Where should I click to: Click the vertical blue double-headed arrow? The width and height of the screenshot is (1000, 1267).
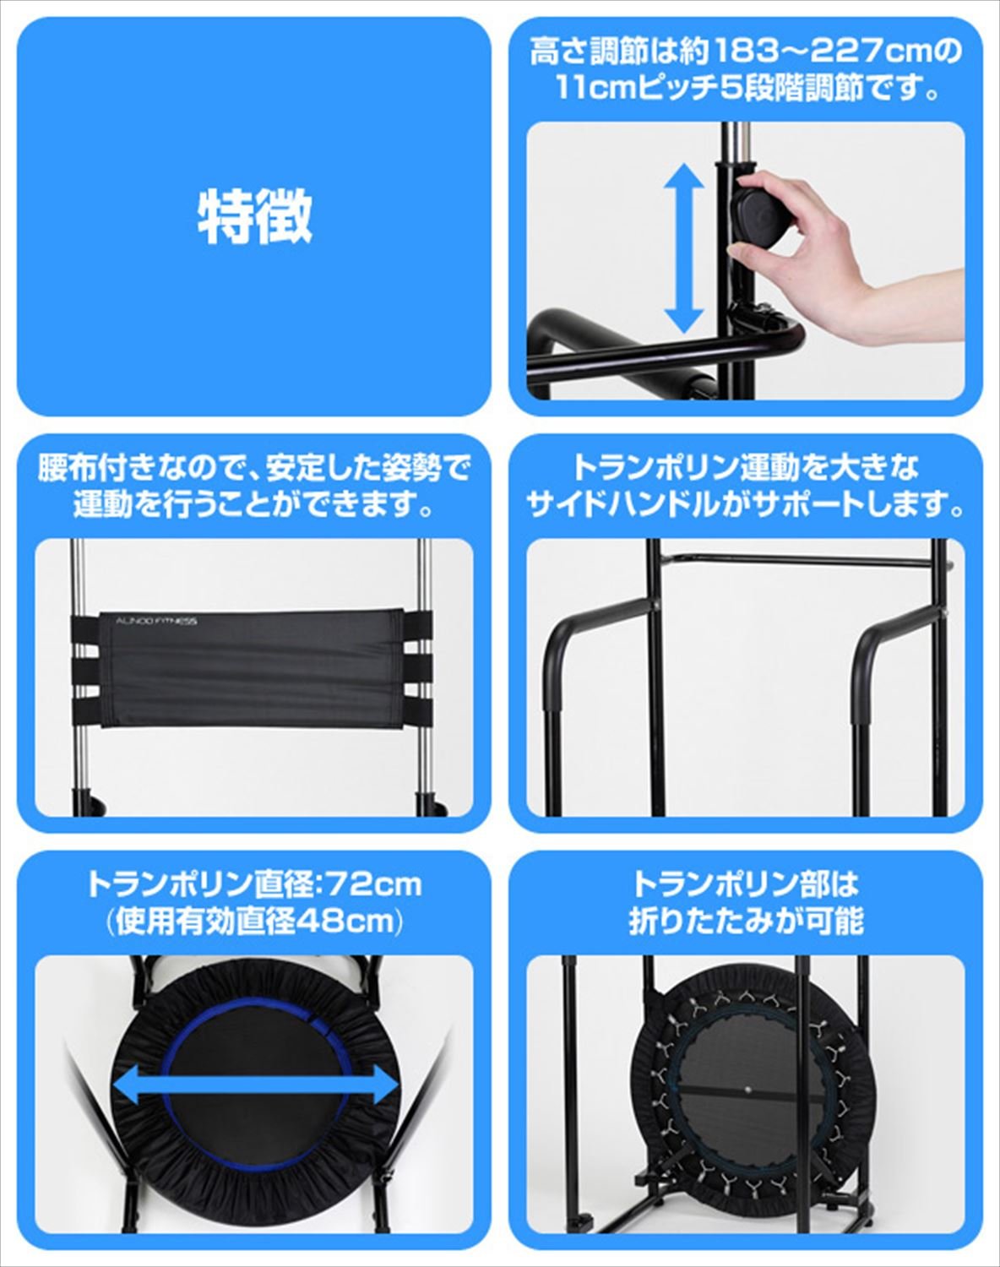click(x=682, y=248)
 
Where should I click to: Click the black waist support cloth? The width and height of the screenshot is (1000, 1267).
click(x=253, y=667)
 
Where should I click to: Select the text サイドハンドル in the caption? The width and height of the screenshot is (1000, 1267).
click(x=622, y=505)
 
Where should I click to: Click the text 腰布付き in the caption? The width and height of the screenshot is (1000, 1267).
click(x=93, y=468)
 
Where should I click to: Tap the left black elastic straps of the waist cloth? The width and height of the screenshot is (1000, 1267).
click(x=85, y=667)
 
